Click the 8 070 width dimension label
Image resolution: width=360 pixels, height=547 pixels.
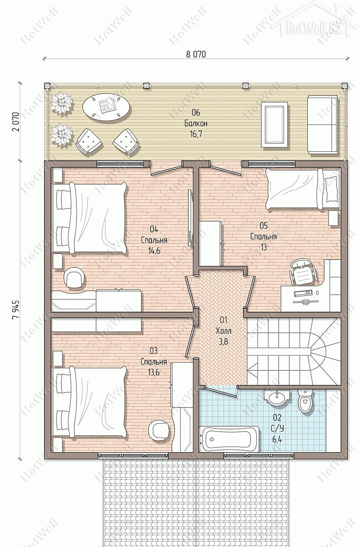point(196,54)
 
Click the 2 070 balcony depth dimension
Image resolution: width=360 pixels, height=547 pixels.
point(16,122)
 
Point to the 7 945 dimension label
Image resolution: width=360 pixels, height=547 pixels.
point(16,309)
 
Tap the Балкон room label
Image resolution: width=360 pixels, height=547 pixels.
point(196,123)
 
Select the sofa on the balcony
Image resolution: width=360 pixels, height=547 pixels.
point(322,124)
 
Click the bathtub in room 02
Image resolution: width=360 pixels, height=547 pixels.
point(229,439)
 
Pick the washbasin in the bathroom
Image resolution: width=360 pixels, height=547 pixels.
point(278,398)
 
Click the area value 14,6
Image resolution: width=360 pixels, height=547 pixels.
point(154,251)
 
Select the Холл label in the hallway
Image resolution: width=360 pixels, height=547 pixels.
point(224,331)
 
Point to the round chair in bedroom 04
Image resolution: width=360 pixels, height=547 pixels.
point(75,278)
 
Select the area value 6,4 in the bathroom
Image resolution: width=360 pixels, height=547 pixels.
point(277,439)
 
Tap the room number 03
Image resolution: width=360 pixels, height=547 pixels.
point(154,350)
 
